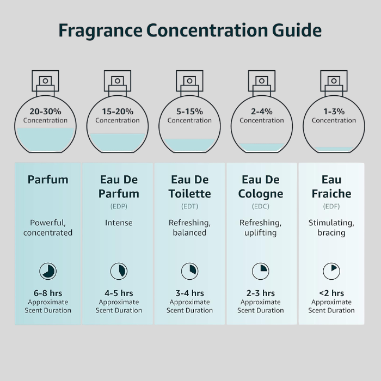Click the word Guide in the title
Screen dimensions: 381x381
tap(297, 30)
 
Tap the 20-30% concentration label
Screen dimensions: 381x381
tap(45, 112)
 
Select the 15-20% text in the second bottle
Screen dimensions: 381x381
tap(118, 112)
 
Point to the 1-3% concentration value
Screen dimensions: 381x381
tap(334, 112)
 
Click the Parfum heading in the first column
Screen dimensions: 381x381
tap(48, 180)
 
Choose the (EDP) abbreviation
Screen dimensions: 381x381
tap(119, 206)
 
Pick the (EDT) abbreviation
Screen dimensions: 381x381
tap(190, 206)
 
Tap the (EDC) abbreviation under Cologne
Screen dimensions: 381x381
tap(261, 206)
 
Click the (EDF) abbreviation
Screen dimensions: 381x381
tap(331, 206)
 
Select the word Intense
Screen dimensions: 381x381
tap(119, 223)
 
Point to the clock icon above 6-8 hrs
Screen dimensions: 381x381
tap(48, 271)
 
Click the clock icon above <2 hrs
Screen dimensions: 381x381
tap(331, 271)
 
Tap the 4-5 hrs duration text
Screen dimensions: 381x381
tap(119, 293)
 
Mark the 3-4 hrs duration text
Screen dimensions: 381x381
tap(190, 293)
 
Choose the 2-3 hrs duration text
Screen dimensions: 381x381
tap(261, 293)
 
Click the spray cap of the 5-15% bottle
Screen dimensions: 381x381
tap(189, 83)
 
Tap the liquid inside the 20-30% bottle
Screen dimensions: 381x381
tap(45, 139)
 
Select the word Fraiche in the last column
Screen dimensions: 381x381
tap(331, 194)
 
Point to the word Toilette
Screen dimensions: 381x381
tap(190, 194)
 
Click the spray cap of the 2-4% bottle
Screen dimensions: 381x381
tap(262, 83)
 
